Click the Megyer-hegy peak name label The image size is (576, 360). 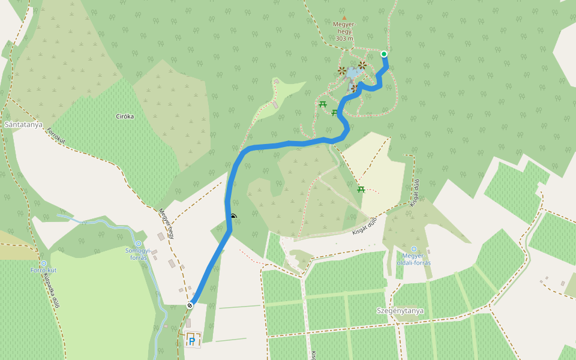pyautogui.click(x=344, y=28)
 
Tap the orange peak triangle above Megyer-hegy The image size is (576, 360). pyautogui.click(x=344, y=18)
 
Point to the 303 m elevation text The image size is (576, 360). pyautogui.click(x=344, y=38)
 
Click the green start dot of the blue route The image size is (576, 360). pyautogui.click(x=384, y=54)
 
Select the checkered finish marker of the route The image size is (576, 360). pyautogui.click(x=190, y=305)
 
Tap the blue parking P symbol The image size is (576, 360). pyautogui.click(x=192, y=341)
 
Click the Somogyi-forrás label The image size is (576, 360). pyautogui.click(x=139, y=254)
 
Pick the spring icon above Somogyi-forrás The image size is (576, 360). pyautogui.click(x=139, y=243)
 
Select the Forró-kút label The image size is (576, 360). pyautogui.click(x=43, y=270)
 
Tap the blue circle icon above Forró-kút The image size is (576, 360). pyautogui.click(x=43, y=263)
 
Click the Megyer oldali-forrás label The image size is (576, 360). pyautogui.click(x=414, y=260)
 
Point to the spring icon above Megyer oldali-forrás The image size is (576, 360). pyautogui.click(x=413, y=249)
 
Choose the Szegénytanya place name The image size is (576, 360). pyautogui.click(x=400, y=311)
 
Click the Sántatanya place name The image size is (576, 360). pyautogui.click(x=23, y=124)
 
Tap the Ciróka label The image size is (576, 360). pyautogui.click(x=125, y=116)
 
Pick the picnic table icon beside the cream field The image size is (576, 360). pyautogui.click(x=361, y=190)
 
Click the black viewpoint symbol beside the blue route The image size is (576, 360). pyautogui.click(x=233, y=216)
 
